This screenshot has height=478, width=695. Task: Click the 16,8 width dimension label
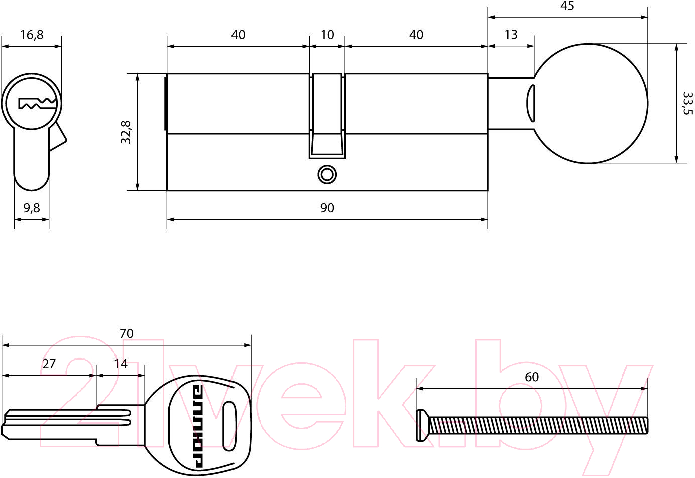[x=32, y=35]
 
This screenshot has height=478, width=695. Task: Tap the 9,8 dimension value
[x=32, y=208]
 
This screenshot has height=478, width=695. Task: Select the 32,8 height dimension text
[x=126, y=132]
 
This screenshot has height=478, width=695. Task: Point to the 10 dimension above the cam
[x=327, y=35]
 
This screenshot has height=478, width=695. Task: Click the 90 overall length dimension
[x=327, y=208]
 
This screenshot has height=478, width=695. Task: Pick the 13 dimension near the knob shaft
[x=511, y=35]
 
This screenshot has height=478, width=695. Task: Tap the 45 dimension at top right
[x=567, y=6]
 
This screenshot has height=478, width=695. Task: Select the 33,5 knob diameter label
[x=688, y=103]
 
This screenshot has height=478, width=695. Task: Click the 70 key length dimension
[x=126, y=334]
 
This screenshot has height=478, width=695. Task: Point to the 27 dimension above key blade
[x=49, y=364]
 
